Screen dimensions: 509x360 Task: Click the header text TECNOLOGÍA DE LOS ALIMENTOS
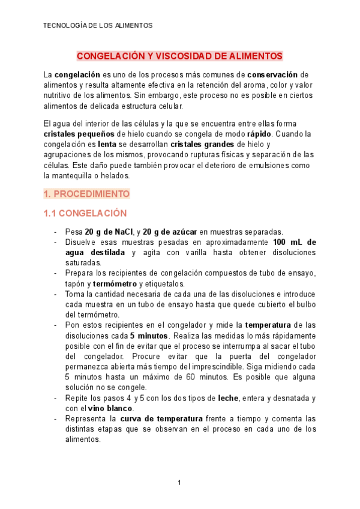pyautogui.click(x=98, y=26)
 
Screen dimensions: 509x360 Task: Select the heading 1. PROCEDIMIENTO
pyautogui.click(x=86, y=194)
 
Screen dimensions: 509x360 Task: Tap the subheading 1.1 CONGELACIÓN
pyautogui.click(x=85, y=213)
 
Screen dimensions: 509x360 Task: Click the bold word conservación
pyautogui.click(x=272, y=75)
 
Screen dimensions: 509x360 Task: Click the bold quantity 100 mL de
pyautogui.click(x=294, y=242)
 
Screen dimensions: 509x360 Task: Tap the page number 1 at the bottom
pyautogui.click(x=179, y=483)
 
